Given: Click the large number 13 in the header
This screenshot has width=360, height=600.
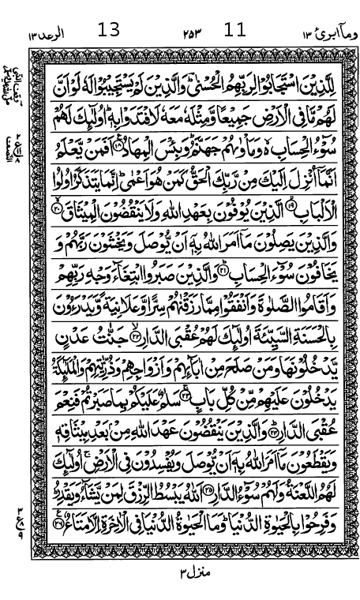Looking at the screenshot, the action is click(109, 31).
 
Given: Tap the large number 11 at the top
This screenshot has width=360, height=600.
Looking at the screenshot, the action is click(234, 31).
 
